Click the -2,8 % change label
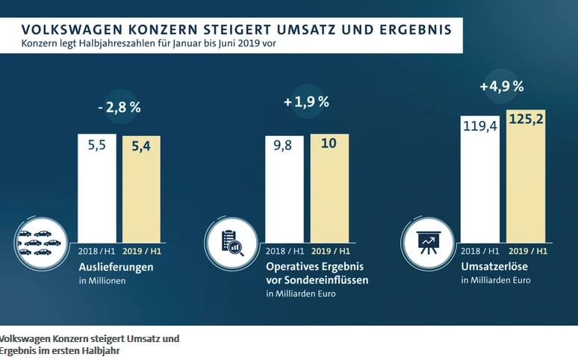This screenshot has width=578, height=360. (x=119, y=107)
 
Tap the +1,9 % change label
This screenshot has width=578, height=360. (x=306, y=102)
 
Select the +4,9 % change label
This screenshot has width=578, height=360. (x=501, y=87)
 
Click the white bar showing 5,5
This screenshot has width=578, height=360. (x=97, y=187)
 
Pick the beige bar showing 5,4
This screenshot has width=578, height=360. (x=141, y=187)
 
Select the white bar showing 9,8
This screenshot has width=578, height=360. (x=285, y=187)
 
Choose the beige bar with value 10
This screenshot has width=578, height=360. (x=329, y=187)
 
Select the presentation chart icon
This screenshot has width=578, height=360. (x=427, y=240)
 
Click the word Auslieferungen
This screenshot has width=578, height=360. (x=116, y=267)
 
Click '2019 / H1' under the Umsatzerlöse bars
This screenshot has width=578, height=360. (x=526, y=251)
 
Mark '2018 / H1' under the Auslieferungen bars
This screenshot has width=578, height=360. (x=97, y=251)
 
